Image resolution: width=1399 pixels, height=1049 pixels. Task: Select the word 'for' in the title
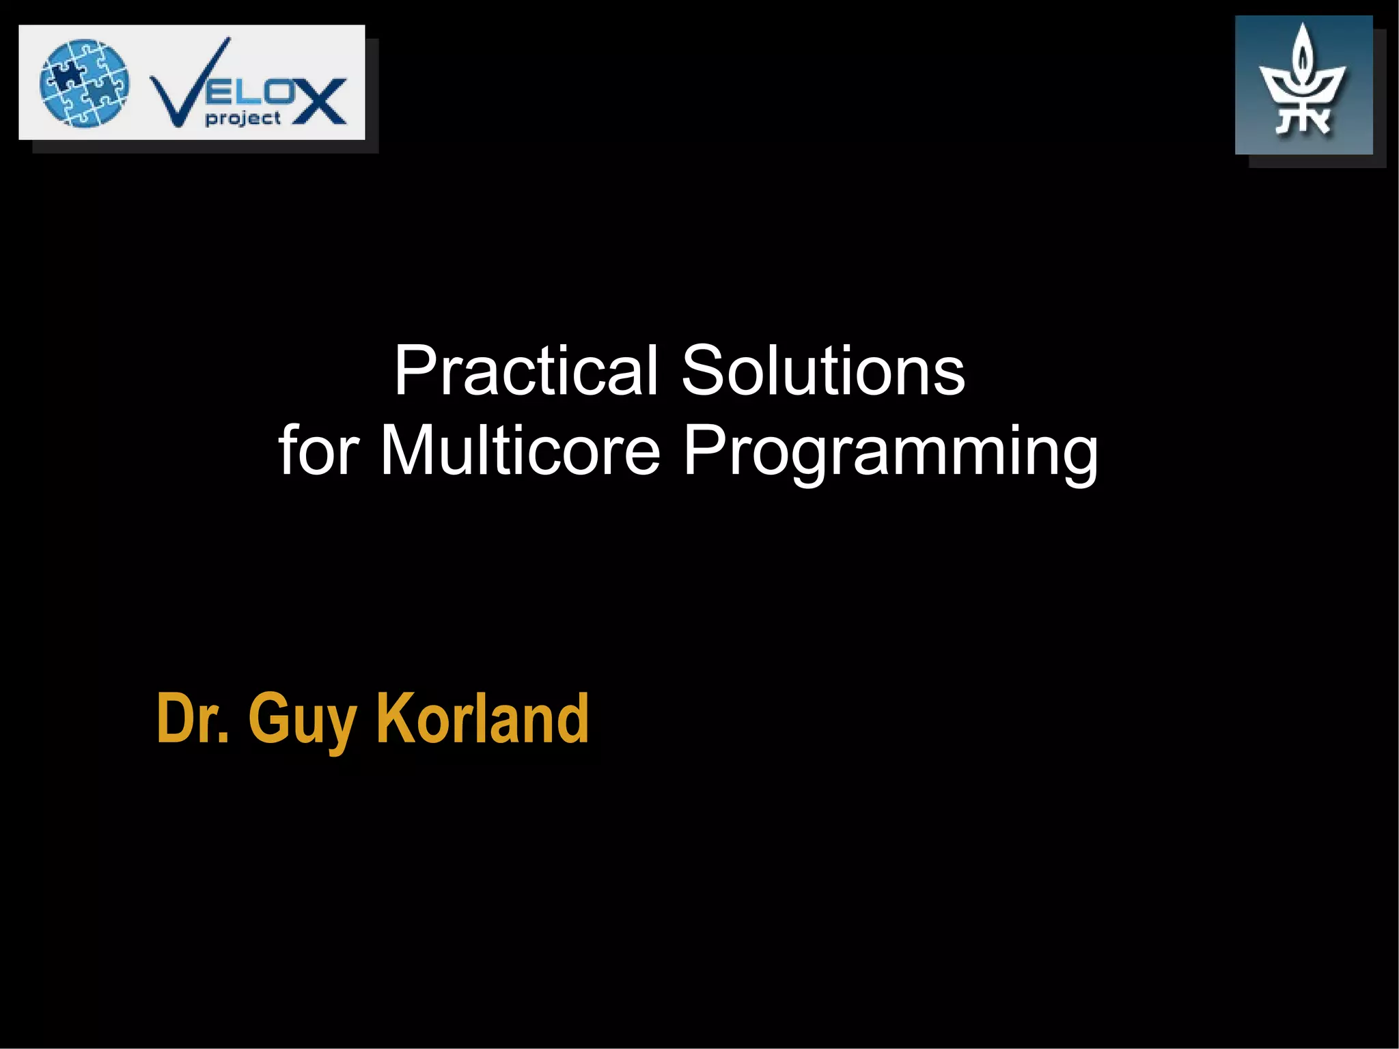coord(318,451)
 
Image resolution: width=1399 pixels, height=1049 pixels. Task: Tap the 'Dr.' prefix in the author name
coord(193,718)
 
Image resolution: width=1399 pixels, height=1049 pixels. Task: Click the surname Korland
coord(482,718)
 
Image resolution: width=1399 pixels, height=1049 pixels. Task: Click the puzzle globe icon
coord(84,83)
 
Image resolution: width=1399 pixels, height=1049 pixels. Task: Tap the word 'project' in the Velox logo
coord(243,119)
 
